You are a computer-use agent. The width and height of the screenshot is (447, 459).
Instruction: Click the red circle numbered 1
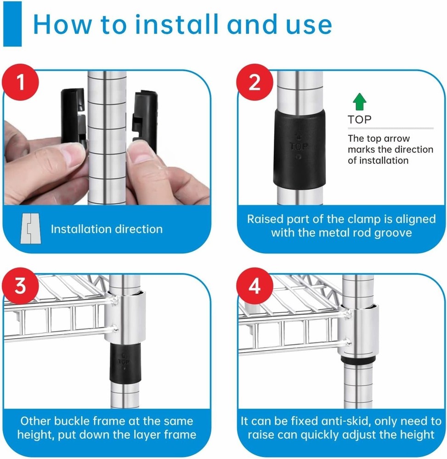tap(20, 82)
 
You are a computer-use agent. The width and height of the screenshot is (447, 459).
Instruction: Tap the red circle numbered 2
tap(254, 82)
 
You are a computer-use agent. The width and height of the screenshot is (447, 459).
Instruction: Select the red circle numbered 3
tap(20, 286)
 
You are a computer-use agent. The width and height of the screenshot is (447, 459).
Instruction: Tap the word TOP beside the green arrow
tap(360, 120)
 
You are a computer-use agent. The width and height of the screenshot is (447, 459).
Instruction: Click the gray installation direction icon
tap(31, 229)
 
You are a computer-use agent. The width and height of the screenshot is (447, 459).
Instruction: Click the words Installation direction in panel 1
tap(107, 229)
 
